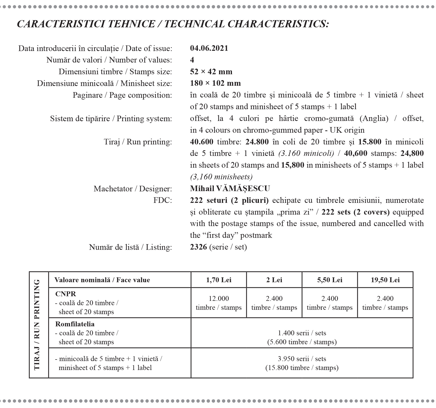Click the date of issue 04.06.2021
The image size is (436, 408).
pyautogui.click(x=209, y=48)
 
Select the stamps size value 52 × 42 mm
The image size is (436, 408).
pyautogui.click(x=211, y=72)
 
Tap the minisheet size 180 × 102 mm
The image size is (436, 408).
pyautogui.click(x=215, y=83)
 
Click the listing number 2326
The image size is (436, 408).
pyautogui.click(x=198, y=247)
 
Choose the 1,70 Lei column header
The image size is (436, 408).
pyautogui.click(x=219, y=280)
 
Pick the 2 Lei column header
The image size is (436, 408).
pyautogui.click(x=274, y=280)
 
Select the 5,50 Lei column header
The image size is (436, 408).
pyautogui.click(x=330, y=280)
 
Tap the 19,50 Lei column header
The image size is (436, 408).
pyautogui.click(x=385, y=280)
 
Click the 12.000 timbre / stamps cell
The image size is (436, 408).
pyautogui.click(x=219, y=303)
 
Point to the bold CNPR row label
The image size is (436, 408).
pyautogui.click(x=66, y=294)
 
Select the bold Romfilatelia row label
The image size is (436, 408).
pyautogui.click(x=75, y=324)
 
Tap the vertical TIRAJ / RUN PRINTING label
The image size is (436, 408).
pyautogui.click(x=37, y=325)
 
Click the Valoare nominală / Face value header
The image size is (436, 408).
pyautogui.click(x=102, y=280)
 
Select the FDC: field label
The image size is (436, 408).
pyautogui.click(x=162, y=200)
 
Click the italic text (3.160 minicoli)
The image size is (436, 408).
pyautogui.click(x=306, y=153)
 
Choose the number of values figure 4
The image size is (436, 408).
pyautogui.click(x=192, y=60)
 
